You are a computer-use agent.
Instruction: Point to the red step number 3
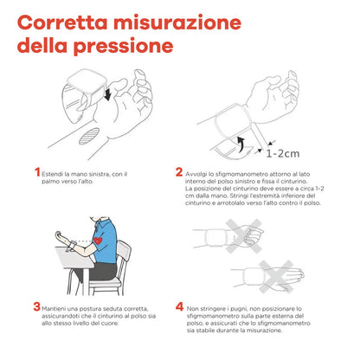36,306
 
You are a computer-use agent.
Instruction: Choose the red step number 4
179,306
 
